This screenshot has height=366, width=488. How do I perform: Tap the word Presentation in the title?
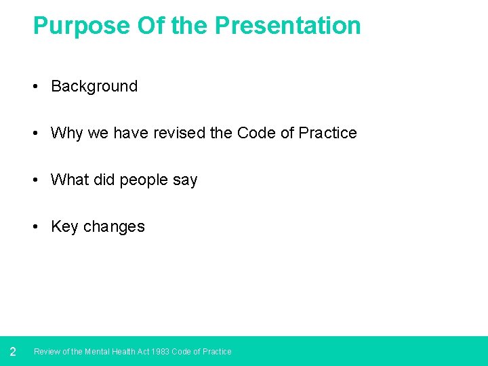[288, 26]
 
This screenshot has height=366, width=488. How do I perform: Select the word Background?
[94, 86]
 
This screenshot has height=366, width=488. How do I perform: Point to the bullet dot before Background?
[35, 87]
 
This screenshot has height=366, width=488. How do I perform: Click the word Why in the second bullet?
[66, 133]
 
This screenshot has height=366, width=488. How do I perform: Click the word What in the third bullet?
[70, 180]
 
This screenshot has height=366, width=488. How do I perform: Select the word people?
[144, 180]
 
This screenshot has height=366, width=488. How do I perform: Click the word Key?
[64, 226]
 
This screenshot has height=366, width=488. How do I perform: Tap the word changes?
[114, 227]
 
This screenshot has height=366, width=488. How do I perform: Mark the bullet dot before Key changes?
[35, 227]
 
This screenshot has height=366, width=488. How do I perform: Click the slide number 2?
[12, 352]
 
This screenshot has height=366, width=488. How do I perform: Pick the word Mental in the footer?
[98, 352]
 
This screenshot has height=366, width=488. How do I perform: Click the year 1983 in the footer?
[161, 352]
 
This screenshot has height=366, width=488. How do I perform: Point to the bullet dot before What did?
[35, 180]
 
